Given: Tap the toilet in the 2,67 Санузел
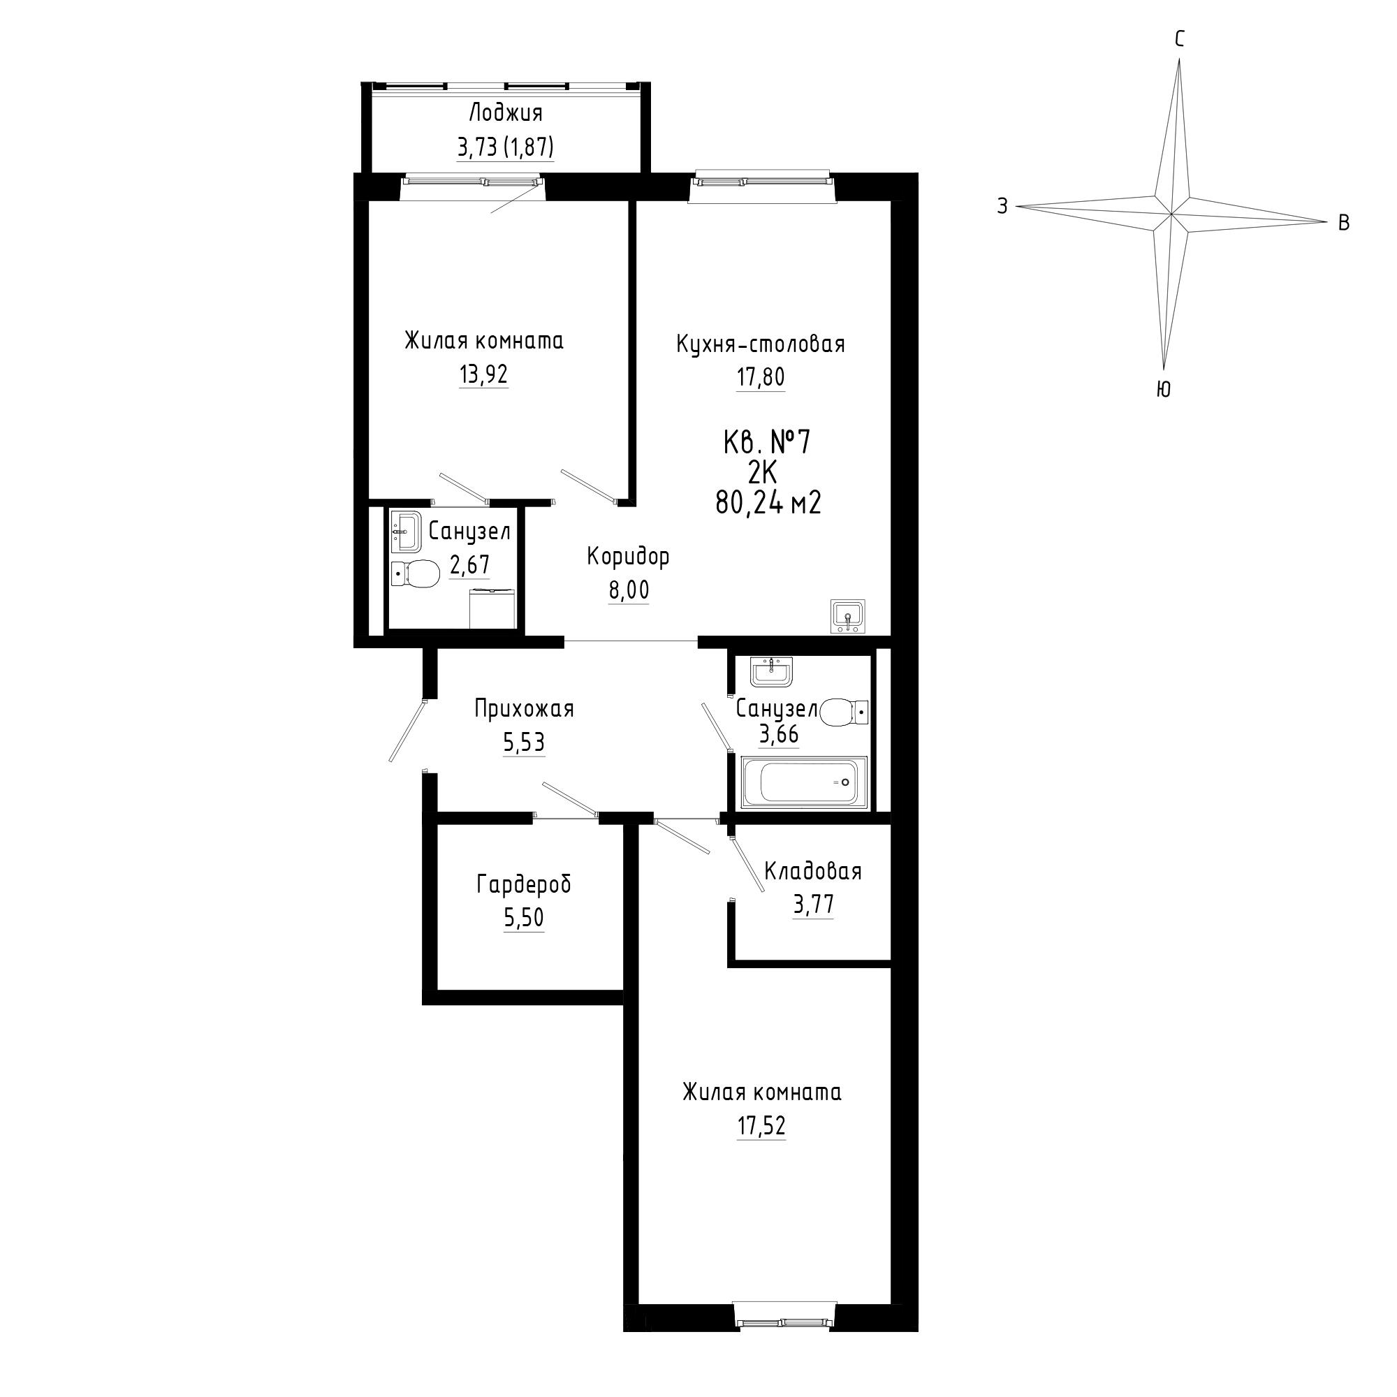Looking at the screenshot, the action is click(415, 574).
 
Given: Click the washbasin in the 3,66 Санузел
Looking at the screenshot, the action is click(772, 672).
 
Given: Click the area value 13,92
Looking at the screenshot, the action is click(483, 374).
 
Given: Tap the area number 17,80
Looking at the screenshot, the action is click(761, 377).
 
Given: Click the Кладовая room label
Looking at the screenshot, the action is click(813, 871).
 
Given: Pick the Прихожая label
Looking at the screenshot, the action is click(525, 708).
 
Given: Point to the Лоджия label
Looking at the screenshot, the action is click(506, 112).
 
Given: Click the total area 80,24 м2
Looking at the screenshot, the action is click(768, 502).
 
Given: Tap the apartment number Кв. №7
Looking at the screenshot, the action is click(767, 442).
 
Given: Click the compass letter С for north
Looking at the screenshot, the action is click(1179, 39).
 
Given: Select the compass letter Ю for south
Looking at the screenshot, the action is click(1164, 390).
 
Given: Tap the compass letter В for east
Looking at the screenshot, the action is click(1343, 224).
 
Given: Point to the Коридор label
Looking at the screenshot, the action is click(629, 556).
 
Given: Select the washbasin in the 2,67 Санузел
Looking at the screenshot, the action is click(406, 532).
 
